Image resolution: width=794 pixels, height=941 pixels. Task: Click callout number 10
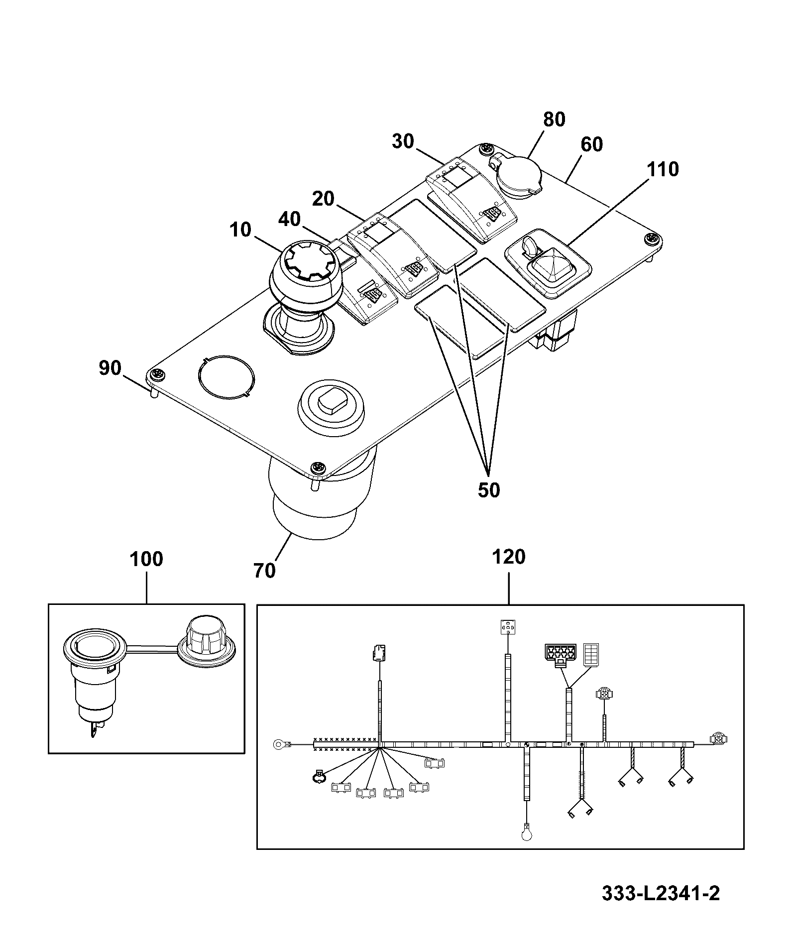pyautogui.click(x=241, y=231)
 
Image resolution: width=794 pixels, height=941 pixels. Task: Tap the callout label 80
pyautogui.click(x=554, y=120)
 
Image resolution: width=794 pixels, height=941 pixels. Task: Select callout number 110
pyautogui.click(x=663, y=169)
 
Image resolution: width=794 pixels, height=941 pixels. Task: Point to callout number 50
pyautogui.click(x=488, y=490)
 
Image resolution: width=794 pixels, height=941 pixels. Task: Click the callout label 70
pyautogui.click(x=264, y=571)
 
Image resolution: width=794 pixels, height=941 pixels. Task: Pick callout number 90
pyautogui.click(x=110, y=368)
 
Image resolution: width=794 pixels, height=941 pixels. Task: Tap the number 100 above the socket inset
pyautogui.click(x=146, y=559)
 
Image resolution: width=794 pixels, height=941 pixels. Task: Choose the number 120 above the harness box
pyautogui.click(x=508, y=557)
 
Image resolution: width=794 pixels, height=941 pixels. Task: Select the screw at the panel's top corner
pyautogui.click(x=486, y=149)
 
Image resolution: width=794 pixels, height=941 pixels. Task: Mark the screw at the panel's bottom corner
pyautogui.click(x=317, y=468)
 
